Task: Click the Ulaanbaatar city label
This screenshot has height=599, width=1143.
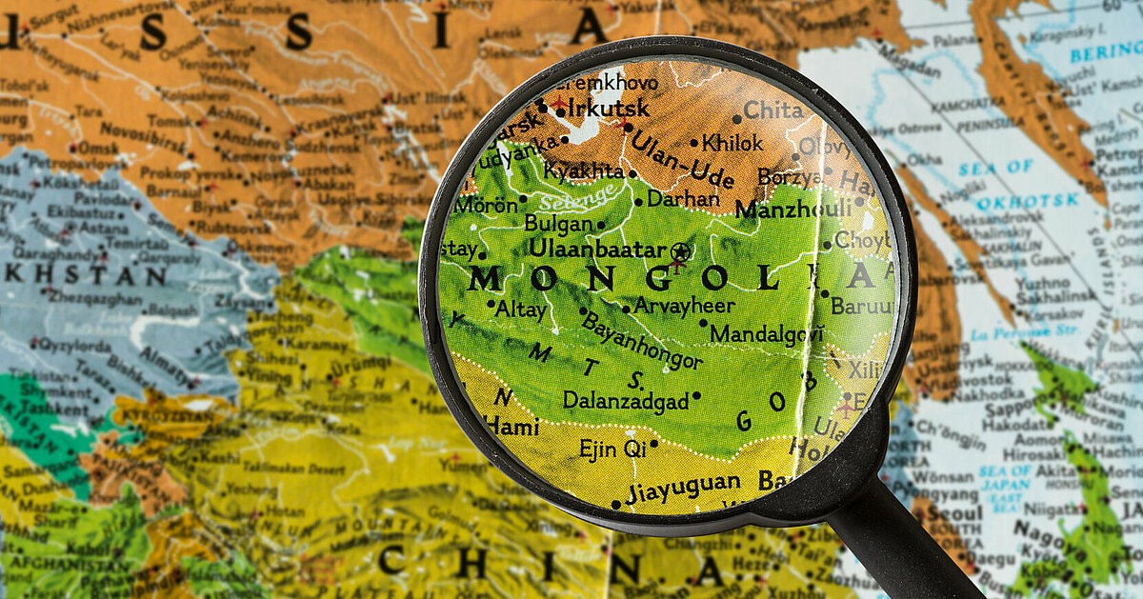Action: (597, 249)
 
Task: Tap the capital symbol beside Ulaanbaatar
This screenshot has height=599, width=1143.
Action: (679, 251)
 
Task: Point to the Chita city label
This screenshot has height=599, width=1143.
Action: (773, 110)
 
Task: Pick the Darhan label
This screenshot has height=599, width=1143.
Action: (683, 199)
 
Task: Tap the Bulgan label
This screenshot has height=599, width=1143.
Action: (558, 224)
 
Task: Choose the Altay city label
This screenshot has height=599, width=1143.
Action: (522, 309)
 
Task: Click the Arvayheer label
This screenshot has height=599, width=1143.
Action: (685, 306)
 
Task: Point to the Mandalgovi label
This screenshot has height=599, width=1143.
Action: (767, 334)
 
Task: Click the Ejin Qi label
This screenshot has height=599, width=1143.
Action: (612, 448)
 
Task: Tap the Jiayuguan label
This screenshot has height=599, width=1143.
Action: (683, 486)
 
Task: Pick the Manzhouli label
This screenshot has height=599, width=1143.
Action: (792, 209)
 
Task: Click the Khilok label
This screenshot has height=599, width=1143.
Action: (732, 144)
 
